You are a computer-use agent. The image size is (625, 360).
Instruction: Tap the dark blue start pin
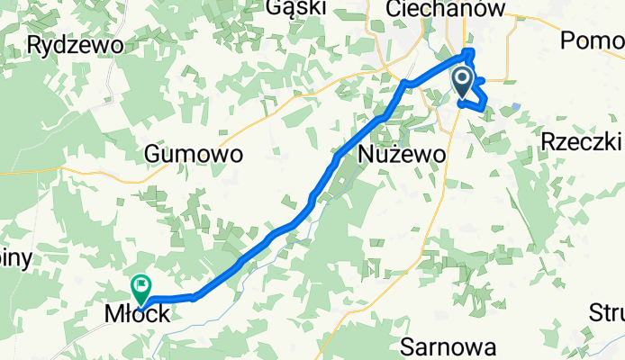point(462,85)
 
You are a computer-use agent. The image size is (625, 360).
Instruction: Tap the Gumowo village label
point(194,155)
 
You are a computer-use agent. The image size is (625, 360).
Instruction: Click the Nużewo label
point(402,155)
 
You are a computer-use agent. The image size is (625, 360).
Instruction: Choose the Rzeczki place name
point(582,142)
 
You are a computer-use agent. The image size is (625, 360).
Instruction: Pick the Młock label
point(136,315)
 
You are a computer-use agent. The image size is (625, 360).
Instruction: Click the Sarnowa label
point(448,346)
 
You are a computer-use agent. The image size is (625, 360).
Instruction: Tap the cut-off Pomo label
point(592,40)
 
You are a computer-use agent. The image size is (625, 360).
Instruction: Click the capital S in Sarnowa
point(407,346)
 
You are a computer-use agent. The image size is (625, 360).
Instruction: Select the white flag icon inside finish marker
point(141,286)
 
